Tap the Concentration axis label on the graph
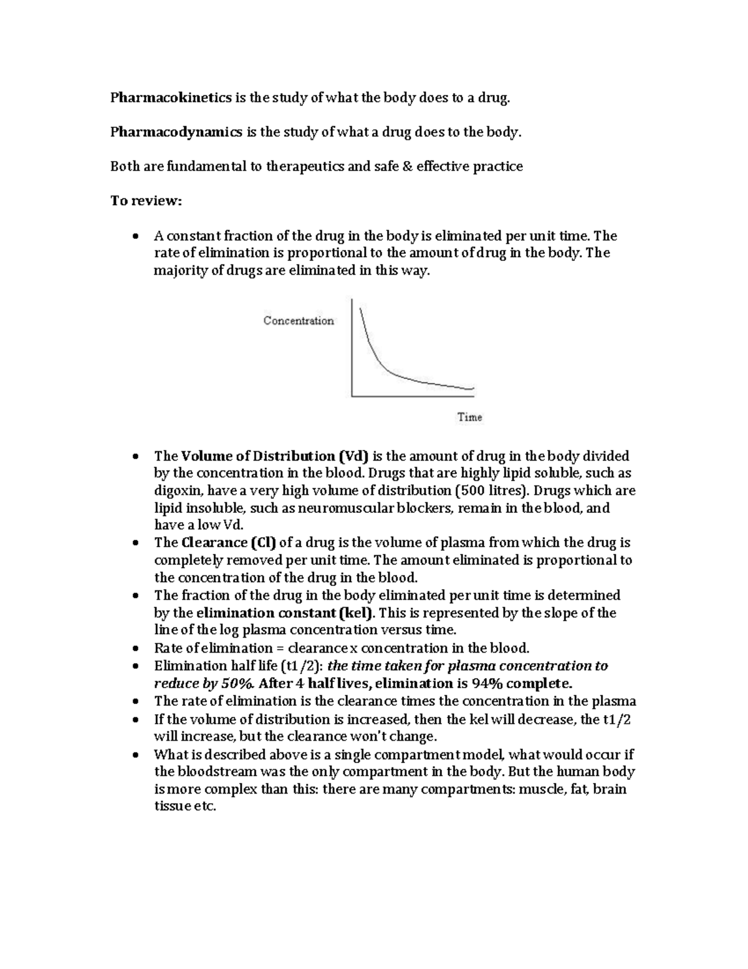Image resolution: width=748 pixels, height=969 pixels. (x=299, y=321)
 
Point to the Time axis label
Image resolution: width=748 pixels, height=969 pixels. (x=469, y=417)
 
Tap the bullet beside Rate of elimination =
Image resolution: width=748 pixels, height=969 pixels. (x=135, y=649)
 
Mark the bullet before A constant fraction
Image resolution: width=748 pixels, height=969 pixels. (x=135, y=236)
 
